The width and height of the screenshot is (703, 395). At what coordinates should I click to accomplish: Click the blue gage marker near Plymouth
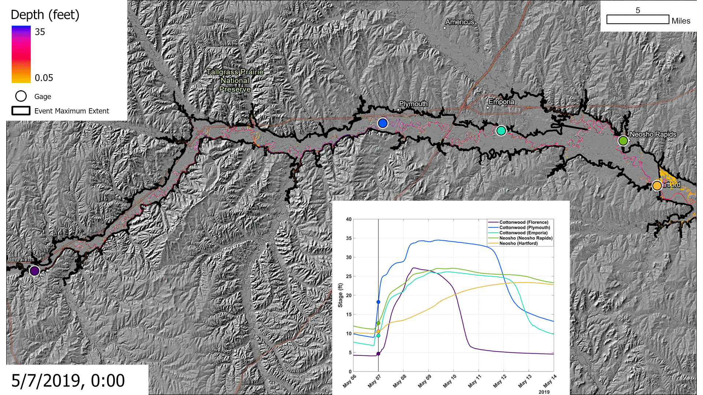(383, 123)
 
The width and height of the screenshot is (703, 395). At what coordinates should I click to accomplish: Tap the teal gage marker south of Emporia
(501, 131)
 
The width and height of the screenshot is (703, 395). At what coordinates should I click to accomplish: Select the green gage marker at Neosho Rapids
(623, 140)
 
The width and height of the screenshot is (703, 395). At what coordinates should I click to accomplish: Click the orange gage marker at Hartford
(657, 186)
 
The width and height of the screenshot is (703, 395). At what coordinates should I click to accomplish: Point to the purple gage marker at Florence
(34, 271)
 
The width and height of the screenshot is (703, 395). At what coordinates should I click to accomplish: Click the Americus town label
(460, 22)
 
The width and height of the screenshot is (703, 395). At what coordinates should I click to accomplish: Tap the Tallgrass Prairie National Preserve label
(235, 80)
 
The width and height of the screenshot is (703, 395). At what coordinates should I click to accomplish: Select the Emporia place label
(501, 102)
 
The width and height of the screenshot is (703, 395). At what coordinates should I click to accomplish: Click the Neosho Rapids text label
(653, 134)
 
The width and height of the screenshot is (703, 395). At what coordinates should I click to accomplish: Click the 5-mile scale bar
(637, 19)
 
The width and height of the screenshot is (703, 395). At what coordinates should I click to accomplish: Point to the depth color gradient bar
(21, 54)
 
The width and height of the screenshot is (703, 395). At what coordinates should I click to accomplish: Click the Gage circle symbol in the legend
(21, 96)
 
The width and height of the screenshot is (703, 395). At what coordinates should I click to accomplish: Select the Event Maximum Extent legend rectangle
(21, 111)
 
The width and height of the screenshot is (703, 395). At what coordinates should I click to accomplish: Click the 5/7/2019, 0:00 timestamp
(68, 380)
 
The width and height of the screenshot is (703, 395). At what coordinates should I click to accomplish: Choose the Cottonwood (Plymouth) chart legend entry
(524, 227)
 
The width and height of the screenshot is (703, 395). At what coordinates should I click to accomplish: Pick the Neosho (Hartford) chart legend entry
(518, 243)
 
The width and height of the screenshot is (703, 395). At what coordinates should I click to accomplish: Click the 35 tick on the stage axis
(349, 238)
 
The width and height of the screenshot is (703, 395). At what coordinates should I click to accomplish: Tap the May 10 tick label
(450, 381)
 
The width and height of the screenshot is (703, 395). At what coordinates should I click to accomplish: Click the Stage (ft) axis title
(340, 295)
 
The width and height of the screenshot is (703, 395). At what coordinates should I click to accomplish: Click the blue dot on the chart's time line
(378, 302)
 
